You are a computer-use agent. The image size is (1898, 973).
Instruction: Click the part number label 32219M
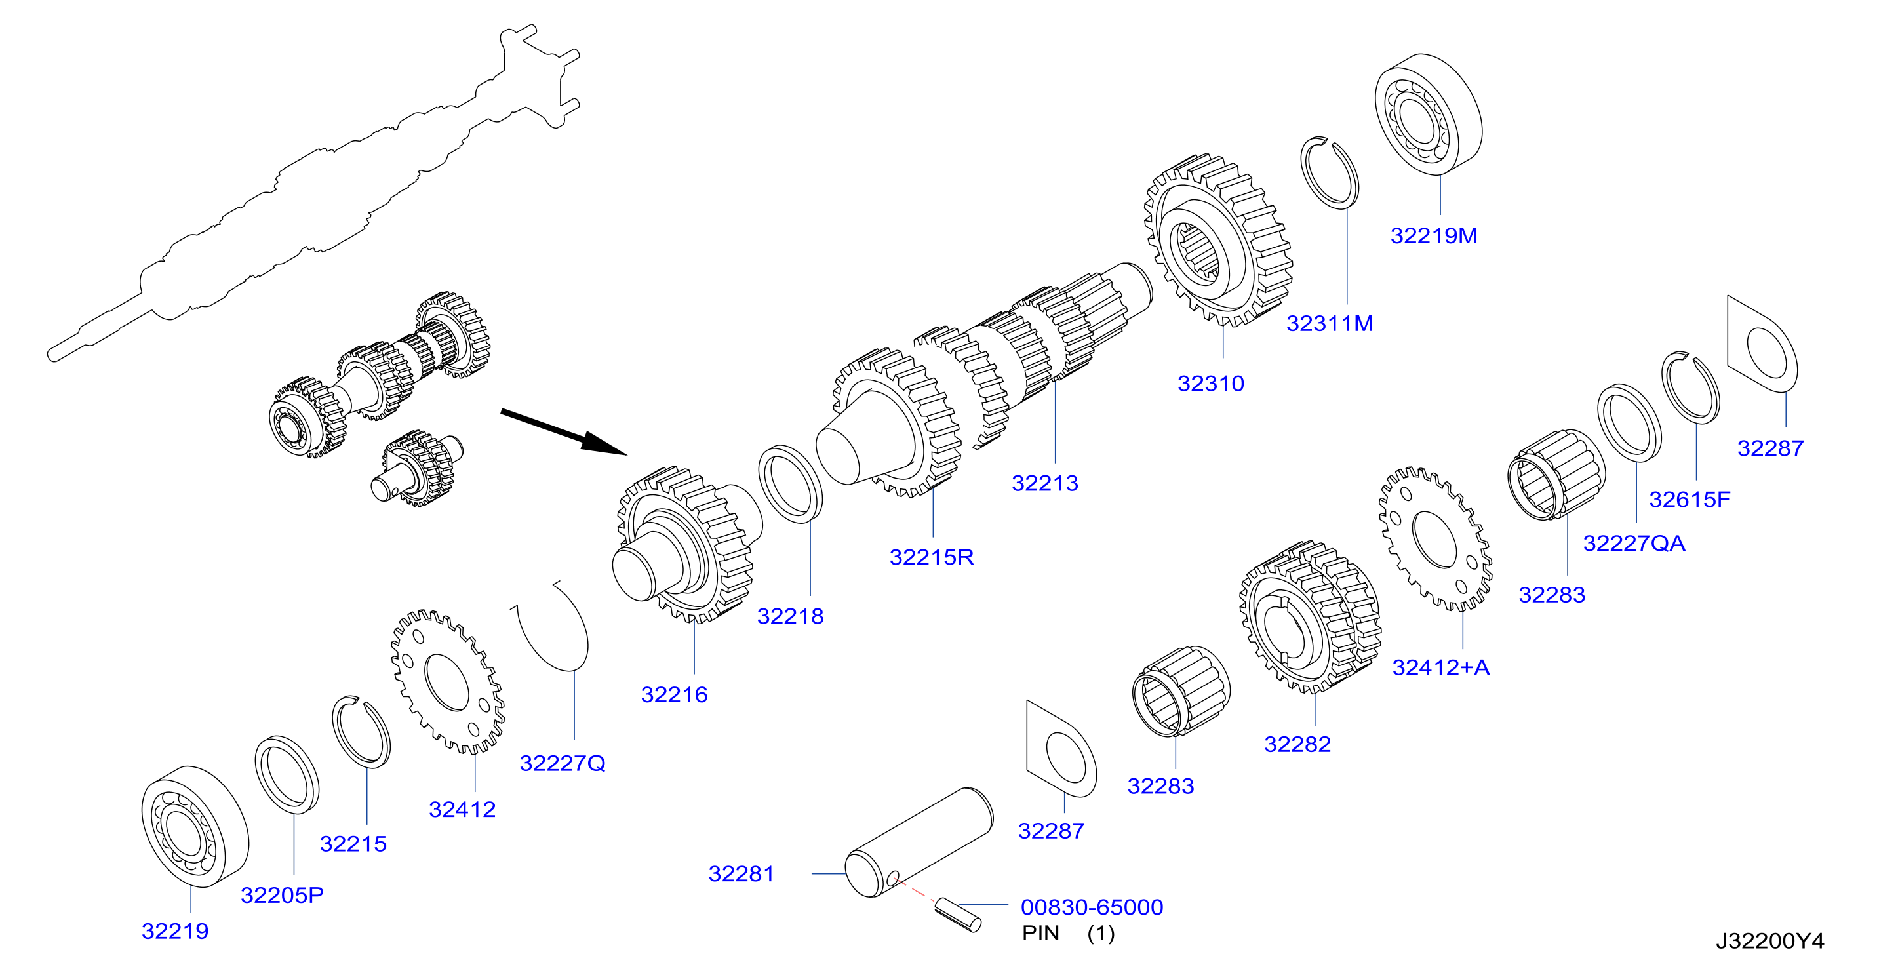(x=1434, y=236)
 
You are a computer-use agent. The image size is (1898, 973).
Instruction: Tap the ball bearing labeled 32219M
(x=1429, y=113)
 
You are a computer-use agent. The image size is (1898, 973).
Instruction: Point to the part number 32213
(x=1045, y=484)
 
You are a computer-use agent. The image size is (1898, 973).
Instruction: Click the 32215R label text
(x=932, y=557)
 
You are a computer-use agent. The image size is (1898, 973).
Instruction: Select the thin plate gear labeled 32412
(x=447, y=682)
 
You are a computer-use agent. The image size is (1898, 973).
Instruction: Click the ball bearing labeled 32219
(x=195, y=826)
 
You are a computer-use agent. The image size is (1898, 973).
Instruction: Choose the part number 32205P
(x=282, y=896)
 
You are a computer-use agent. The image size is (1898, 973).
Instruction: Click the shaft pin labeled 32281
(x=919, y=843)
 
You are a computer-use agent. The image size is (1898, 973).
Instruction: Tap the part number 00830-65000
(x=1092, y=907)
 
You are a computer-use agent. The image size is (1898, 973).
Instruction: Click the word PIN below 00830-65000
(x=1040, y=933)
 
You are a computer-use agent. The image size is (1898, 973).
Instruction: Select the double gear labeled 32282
(x=1310, y=617)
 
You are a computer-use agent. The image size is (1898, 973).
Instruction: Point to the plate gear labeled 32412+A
(x=1434, y=540)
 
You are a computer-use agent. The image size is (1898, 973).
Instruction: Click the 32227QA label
(x=1634, y=544)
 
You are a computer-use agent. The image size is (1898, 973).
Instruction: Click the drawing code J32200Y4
(x=1769, y=942)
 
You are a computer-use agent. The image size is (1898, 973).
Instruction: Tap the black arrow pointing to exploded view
(x=564, y=432)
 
